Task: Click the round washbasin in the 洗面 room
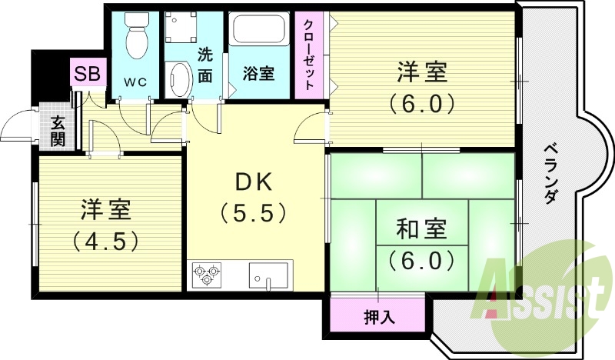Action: tap(179, 81)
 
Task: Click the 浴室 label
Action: tap(259, 74)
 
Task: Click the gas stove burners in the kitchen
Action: tap(206, 275)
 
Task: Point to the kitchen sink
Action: tap(268, 274)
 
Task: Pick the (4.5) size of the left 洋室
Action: tap(106, 242)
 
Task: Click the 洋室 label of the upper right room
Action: tap(422, 74)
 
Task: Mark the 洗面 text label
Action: tap(204, 65)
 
